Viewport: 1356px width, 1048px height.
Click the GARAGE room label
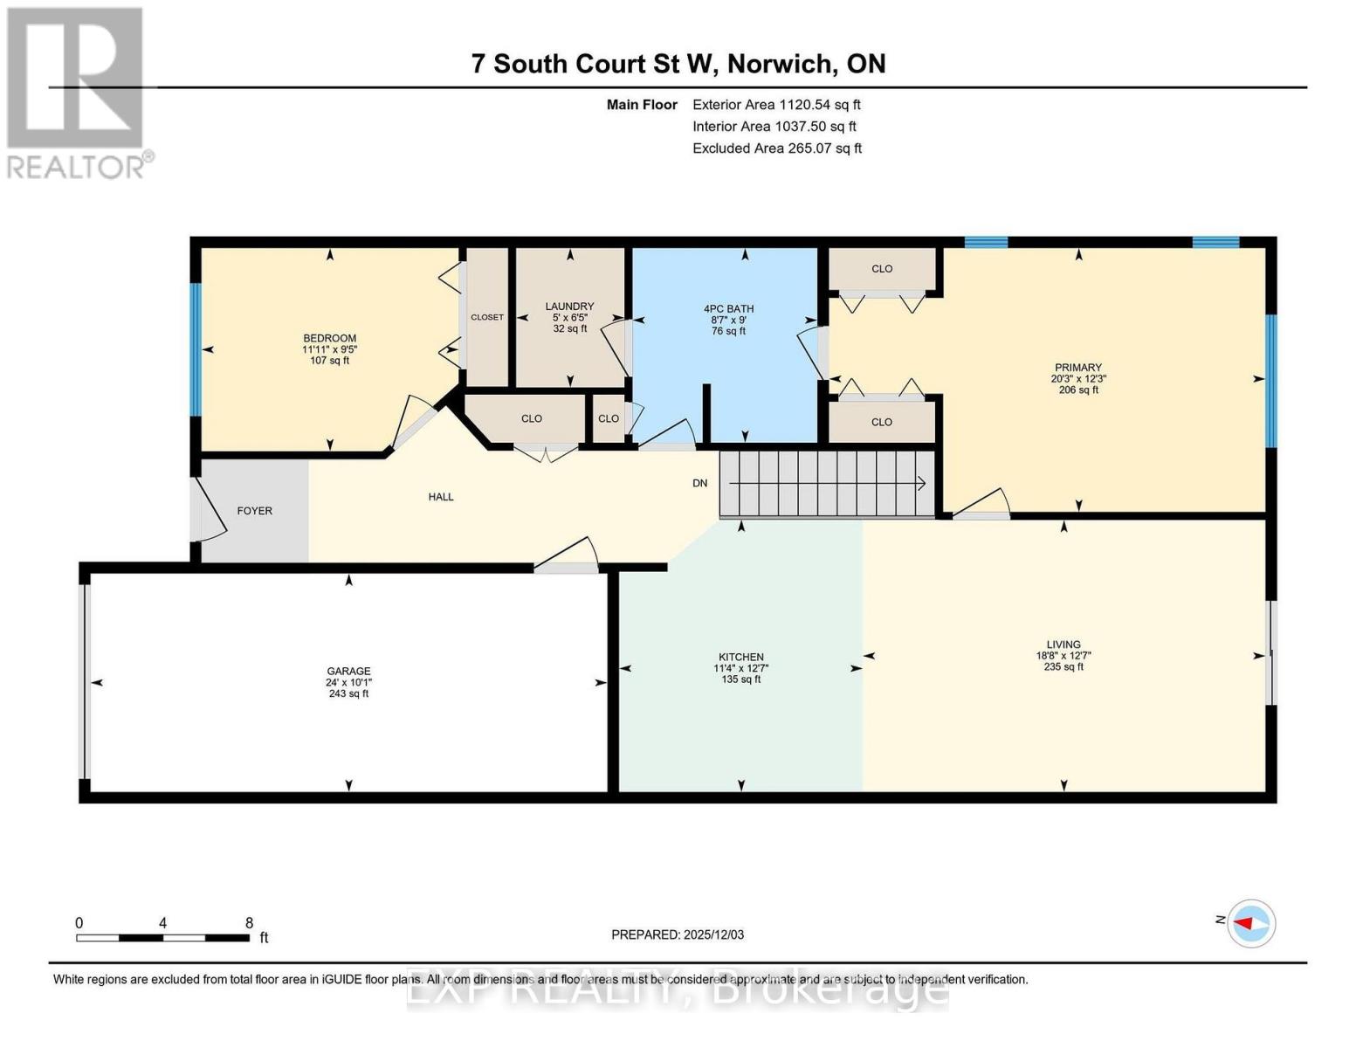point(348,672)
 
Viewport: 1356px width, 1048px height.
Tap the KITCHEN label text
point(740,658)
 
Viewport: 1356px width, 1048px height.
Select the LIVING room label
point(1063,645)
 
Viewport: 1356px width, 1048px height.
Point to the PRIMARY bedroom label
point(1077,368)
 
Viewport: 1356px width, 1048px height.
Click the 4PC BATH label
point(728,309)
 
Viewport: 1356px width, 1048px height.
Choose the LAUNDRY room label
point(569,307)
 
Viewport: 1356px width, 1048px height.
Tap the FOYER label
point(254,511)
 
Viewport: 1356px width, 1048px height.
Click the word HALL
point(441,497)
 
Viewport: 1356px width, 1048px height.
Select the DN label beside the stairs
point(699,483)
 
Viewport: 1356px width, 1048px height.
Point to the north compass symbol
point(1251,922)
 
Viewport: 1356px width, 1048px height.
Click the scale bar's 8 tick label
point(249,923)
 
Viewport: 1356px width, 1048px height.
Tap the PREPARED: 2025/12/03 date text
point(678,934)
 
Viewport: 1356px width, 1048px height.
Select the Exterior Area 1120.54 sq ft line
point(776,105)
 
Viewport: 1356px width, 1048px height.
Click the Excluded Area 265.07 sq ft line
point(776,148)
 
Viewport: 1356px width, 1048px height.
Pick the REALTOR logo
point(77,92)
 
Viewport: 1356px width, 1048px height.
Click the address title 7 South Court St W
point(678,64)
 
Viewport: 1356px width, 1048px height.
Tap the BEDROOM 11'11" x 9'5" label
point(329,348)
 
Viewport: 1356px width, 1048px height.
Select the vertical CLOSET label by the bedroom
point(486,317)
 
